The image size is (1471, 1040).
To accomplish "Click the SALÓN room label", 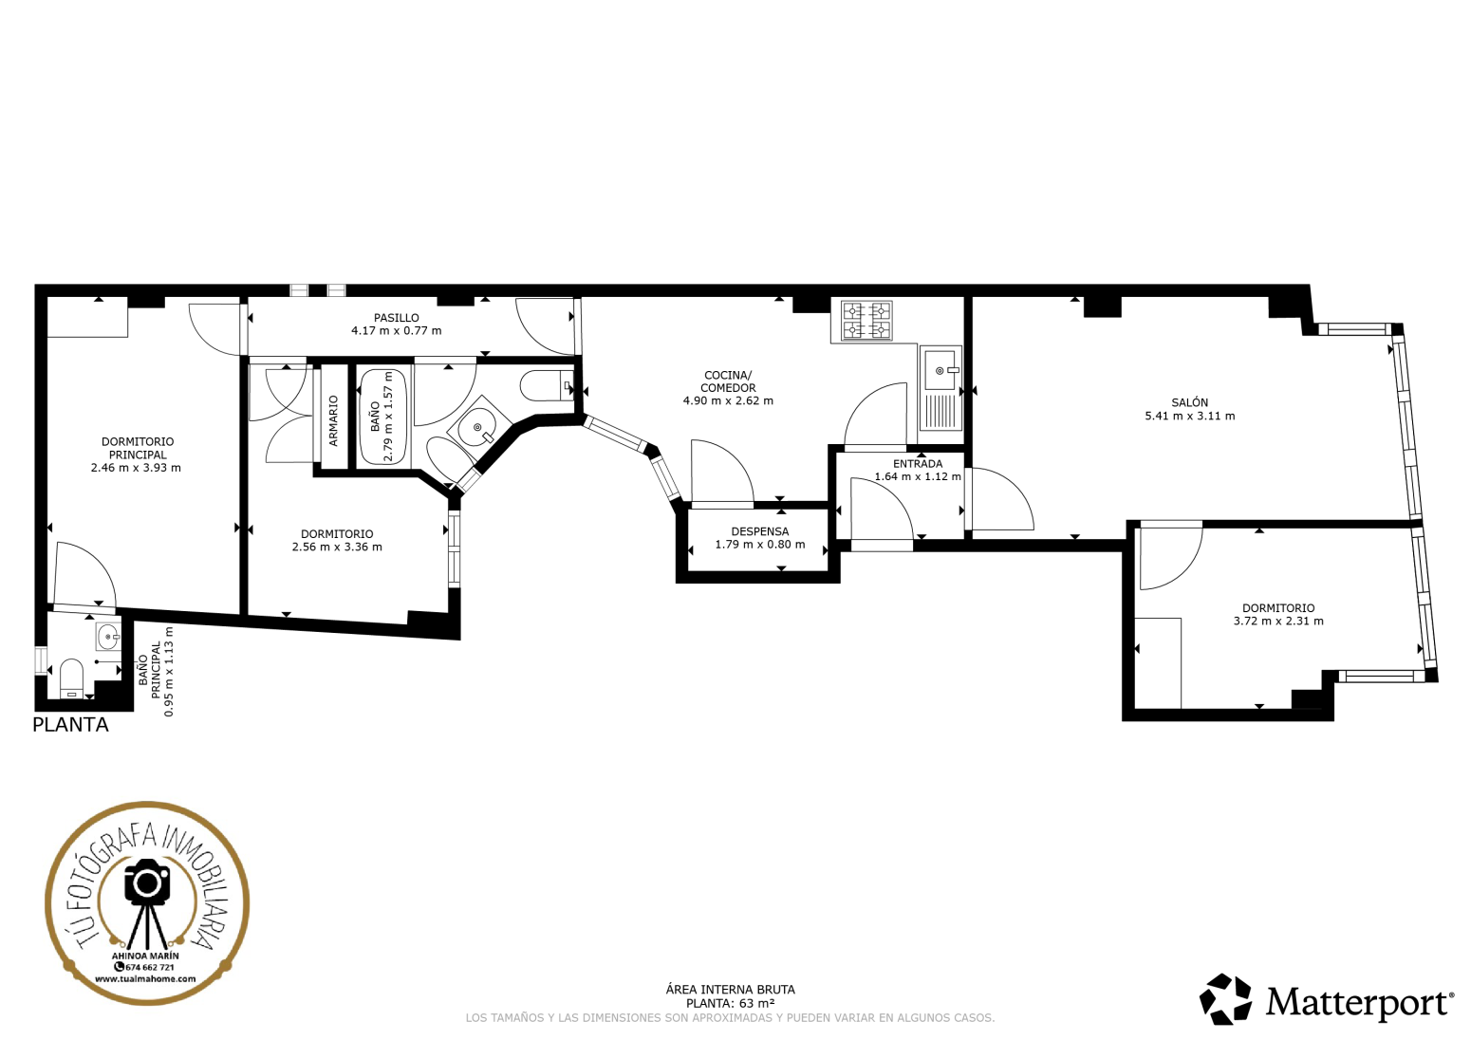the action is [x=1189, y=402].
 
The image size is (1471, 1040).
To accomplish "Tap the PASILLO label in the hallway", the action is [x=396, y=318].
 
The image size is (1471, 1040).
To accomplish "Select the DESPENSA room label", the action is [x=760, y=531].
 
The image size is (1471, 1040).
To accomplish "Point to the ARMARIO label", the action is [x=333, y=421].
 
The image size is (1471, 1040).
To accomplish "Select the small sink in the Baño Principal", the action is [x=108, y=636].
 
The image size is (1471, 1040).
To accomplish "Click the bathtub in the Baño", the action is [x=383, y=418].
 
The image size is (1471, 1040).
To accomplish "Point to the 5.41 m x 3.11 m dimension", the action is [x=1189, y=416].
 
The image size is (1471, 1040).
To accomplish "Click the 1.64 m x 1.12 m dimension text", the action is [x=918, y=476].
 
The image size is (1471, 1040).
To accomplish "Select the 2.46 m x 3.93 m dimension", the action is [x=136, y=468].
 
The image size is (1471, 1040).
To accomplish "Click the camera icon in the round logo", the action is [x=147, y=882].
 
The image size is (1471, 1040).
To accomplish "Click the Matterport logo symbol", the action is [x=1225, y=999].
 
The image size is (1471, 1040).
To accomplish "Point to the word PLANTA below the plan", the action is [x=70, y=725].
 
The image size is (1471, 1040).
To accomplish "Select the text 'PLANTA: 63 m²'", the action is [x=730, y=1003].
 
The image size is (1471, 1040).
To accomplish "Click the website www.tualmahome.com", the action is [x=145, y=978].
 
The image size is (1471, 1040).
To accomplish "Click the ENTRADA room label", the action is [x=918, y=463].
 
